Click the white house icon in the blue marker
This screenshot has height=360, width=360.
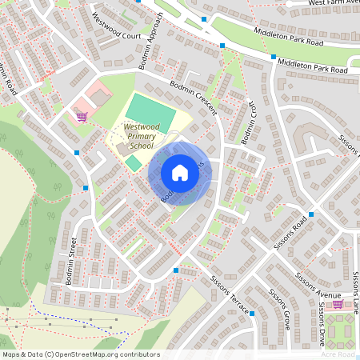(x=180, y=173)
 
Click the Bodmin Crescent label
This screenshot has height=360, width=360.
(x=192, y=97)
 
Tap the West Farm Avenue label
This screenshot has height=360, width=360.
(x=333, y=4)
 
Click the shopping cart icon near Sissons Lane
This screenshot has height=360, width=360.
(x=338, y=304)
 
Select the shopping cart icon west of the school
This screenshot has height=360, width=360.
(x=81, y=116)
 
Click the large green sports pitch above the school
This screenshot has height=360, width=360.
(x=150, y=110)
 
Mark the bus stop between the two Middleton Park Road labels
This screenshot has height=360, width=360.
(x=274, y=57)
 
